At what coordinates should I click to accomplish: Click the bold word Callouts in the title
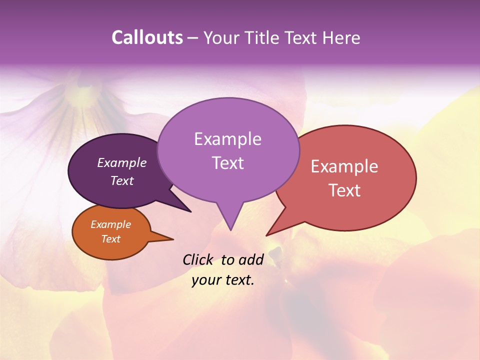[147, 37]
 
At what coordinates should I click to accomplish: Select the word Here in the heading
[342, 37]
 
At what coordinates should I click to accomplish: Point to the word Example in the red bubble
[344, 166]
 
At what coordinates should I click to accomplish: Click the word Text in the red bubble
[345, 190]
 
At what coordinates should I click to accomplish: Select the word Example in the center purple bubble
[227, 139]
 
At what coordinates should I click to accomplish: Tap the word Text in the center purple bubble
[228, 163]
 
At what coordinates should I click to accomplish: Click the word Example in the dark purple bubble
[122, 162]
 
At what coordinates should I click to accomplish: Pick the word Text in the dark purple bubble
[122, 180]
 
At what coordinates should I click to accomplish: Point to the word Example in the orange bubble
[111, 224]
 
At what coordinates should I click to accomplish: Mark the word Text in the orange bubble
[111, 239]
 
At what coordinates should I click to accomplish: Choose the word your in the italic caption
[206, 280]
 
